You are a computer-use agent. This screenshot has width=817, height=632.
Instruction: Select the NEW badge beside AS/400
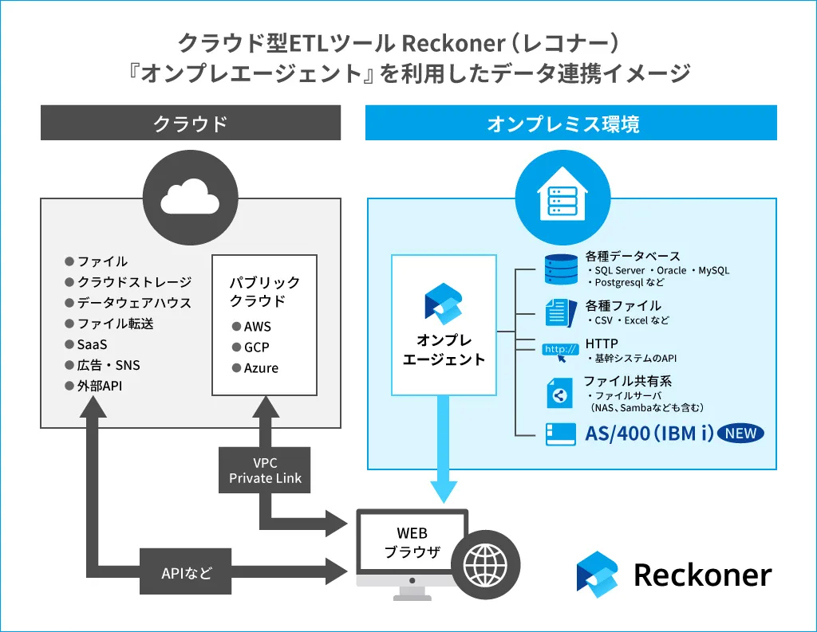(x=740, y=434)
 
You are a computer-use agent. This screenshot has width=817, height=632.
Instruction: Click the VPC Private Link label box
(x=265, y=470)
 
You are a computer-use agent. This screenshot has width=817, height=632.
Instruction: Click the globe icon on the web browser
(x=485, y=563)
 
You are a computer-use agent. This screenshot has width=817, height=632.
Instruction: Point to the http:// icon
(x=560, y=351)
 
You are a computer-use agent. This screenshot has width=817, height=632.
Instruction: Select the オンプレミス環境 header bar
(x=570, y=124)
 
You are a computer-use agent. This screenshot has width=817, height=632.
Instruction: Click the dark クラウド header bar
(x=191, y=124)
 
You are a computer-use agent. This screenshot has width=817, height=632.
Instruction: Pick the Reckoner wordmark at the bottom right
(x=702, y=575)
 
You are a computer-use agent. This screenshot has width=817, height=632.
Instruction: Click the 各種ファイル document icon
(x=560, y=312)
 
